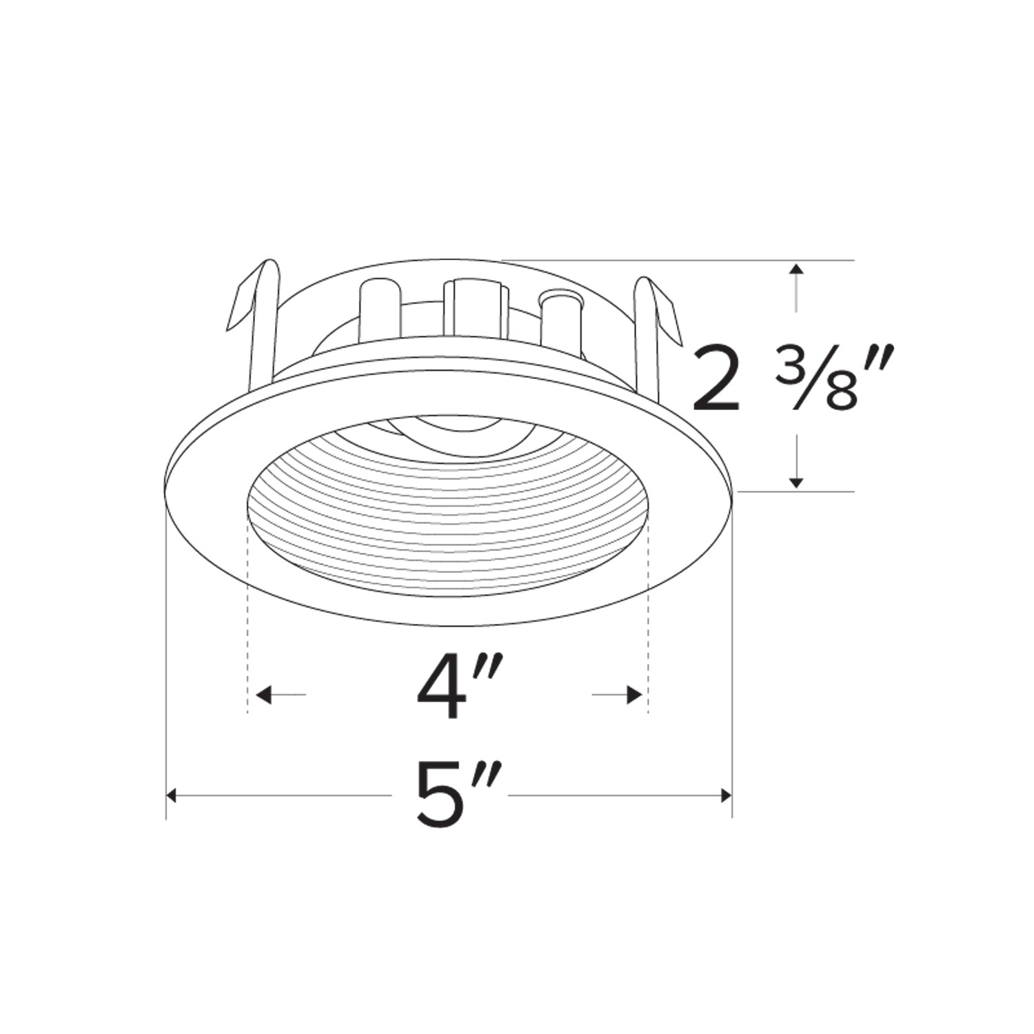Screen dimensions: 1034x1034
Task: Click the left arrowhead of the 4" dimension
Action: point(263,695)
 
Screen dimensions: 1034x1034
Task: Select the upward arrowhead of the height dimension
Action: point(797,270)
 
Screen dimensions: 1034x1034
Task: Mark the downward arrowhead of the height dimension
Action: point(797,482)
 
